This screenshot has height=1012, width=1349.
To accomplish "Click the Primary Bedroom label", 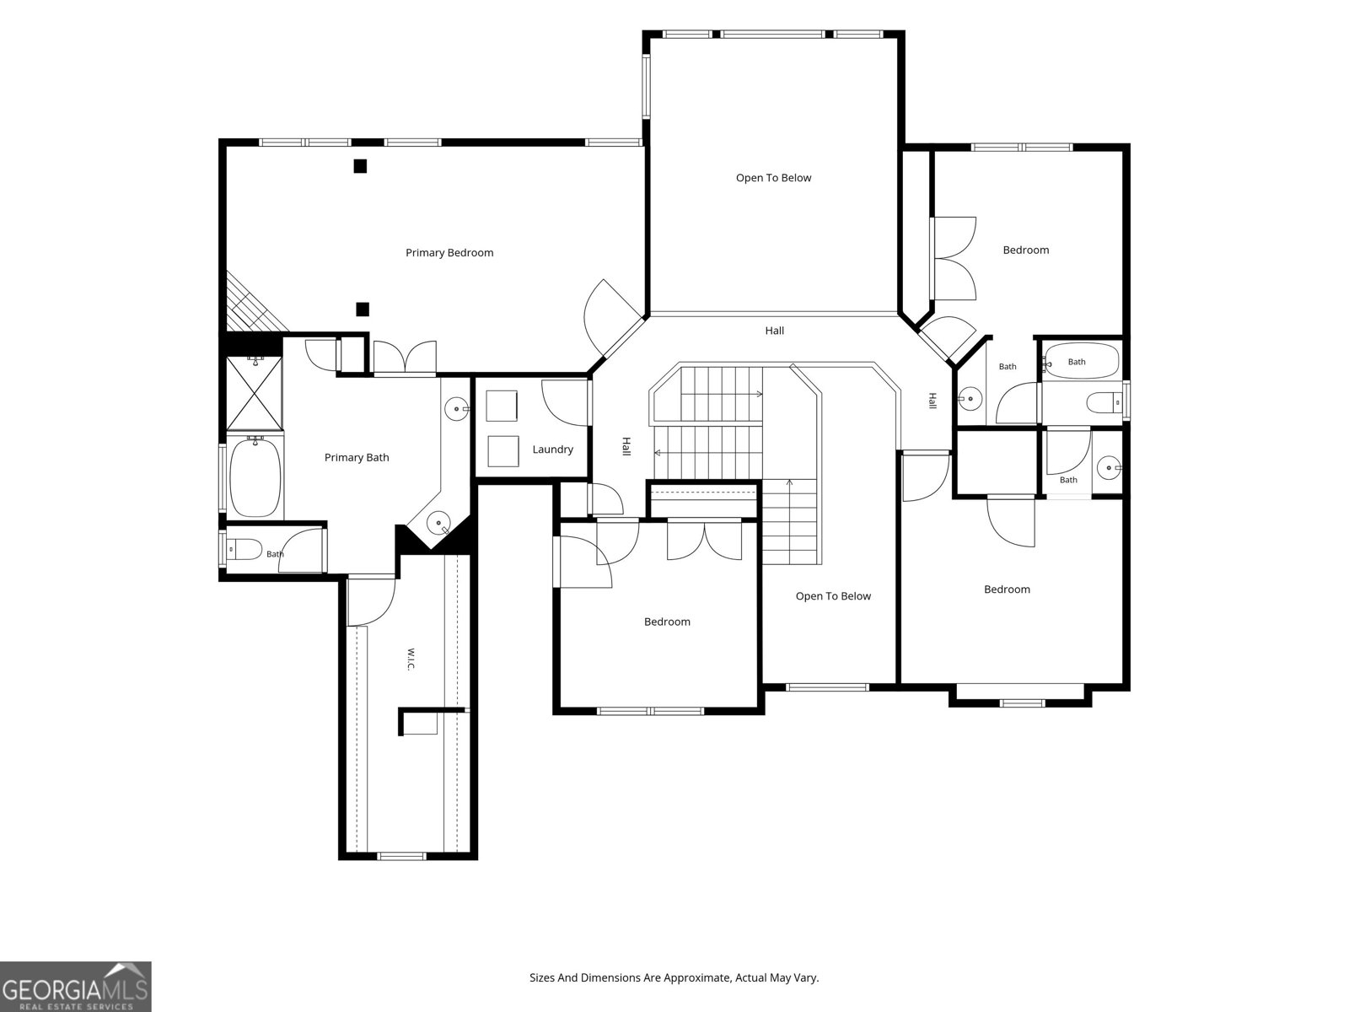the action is [449, 252].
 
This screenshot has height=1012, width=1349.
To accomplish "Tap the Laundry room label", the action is [552, 449].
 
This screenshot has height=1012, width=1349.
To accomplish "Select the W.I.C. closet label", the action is [411, 659].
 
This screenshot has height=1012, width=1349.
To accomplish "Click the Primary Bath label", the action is [357, 457].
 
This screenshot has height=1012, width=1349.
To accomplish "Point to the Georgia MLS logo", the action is [76, 986].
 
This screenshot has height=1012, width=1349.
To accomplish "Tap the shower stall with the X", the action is [255, 393].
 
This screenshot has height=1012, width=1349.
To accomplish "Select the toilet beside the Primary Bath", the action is [244, 549].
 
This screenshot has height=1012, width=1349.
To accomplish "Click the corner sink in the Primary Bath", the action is [438, 523].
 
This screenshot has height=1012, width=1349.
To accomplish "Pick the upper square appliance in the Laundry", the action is [502, 406].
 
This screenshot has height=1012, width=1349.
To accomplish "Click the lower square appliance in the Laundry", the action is [503, 451].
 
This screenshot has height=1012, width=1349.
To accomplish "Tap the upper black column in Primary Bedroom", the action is [360, 166].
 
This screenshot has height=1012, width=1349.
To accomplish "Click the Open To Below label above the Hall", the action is [774, 178].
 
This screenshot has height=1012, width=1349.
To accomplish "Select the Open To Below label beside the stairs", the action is [833, 596].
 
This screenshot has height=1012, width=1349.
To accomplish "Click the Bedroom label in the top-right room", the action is [1026, 250].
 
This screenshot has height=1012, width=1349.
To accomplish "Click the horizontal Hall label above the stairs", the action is [774, 331].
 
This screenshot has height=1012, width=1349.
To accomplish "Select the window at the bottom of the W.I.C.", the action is [401, 855].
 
